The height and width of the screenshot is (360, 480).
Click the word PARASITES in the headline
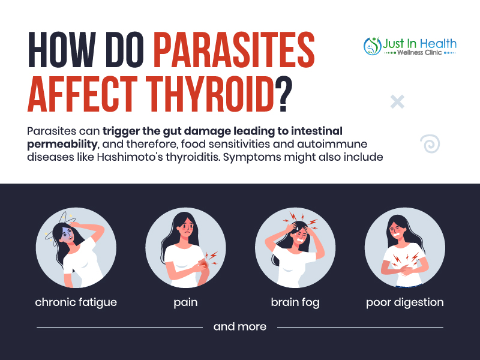point(234,49)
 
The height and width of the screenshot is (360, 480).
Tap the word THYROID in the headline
point(209,94)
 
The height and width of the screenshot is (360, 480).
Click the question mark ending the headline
point(283,94)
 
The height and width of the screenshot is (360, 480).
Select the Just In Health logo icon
point(372,46)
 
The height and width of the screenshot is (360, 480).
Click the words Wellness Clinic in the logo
point(419,53)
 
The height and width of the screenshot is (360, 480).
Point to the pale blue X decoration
point(397,101)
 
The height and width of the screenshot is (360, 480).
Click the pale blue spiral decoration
point(430,143)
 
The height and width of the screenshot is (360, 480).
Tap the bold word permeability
point(62,144)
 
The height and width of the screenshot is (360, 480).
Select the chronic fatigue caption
point(76,302)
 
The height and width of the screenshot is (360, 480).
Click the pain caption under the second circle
point(185,302)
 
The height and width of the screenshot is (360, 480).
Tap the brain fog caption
point(295,302)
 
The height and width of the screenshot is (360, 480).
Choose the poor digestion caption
point(404,302)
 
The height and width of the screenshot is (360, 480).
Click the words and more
point(240,326)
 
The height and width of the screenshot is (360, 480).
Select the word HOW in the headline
point(61,49)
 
